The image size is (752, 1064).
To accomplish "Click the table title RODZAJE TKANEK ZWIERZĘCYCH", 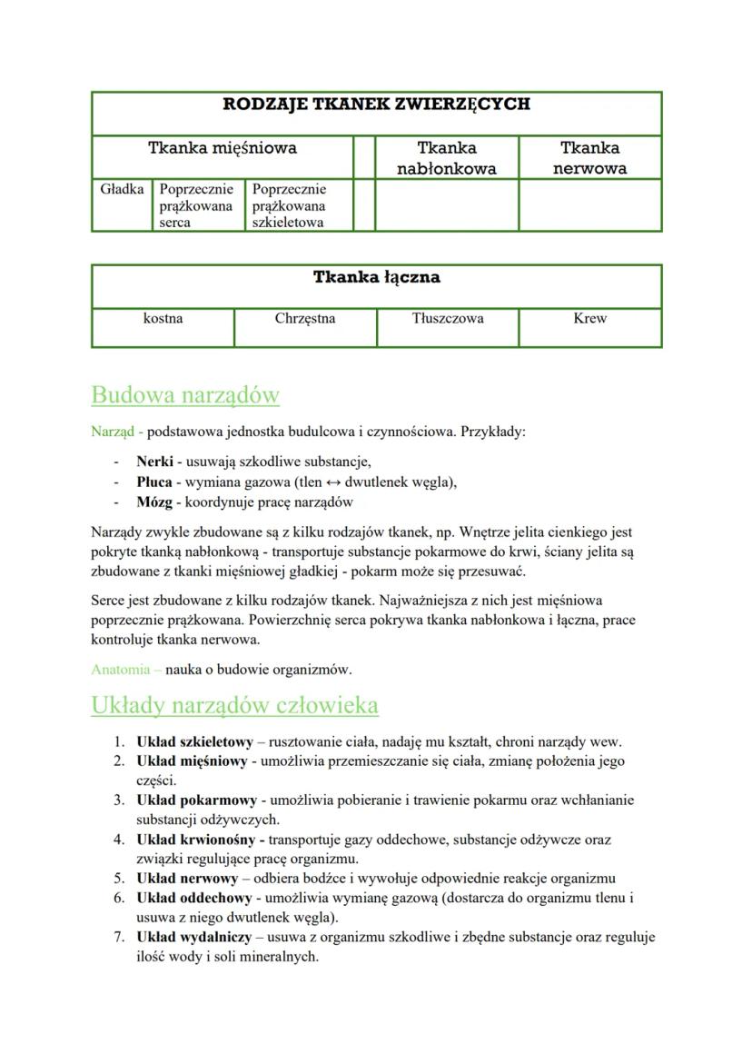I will tap(376, 104).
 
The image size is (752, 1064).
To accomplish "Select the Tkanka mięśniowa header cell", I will tap(223, 147).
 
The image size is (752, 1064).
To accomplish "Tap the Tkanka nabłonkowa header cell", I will tap(446, 157).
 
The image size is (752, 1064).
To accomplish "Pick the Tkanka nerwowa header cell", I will tap(589, 157).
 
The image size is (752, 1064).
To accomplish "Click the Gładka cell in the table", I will tap(122, 190).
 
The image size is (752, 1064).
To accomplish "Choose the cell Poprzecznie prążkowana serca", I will tap(197, 205).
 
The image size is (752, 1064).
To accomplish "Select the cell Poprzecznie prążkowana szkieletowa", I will tap(289, 205).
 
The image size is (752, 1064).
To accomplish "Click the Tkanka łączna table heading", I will tap(376, 277).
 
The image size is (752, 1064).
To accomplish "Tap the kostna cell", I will tap(163, 319).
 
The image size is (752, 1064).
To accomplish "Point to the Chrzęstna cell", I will tap(304, 319).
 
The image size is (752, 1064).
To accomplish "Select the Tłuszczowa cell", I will tap(447, 319).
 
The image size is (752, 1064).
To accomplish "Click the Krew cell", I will tap(589, 319).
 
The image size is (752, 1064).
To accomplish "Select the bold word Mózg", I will tap(153, 502).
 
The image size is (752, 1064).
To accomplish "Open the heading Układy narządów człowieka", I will tap(234, 706).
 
